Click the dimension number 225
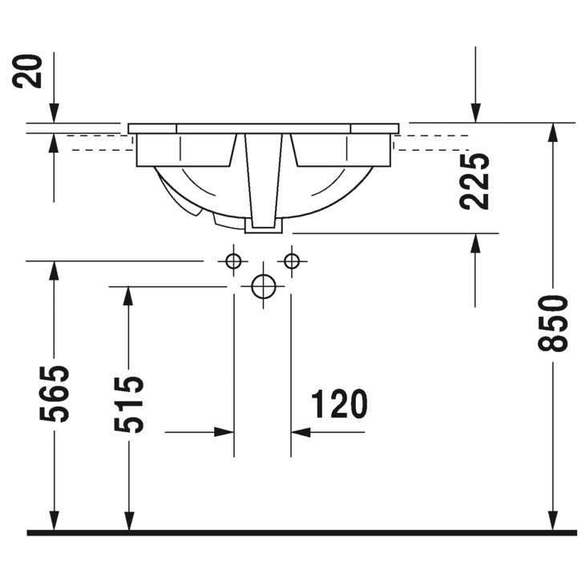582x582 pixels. click(x=475, y=181)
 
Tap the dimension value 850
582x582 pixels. click(x=553, y=322)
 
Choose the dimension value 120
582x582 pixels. click(x=338, y=405)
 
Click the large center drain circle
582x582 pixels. click(x=263, y=286)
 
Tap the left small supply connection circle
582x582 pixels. click(x=233, y=261)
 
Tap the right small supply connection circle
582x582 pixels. click(x=291, y=261)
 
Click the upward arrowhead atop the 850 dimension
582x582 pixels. click(x=553, y=133)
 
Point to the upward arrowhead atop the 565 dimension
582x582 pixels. click(x=55, y=271)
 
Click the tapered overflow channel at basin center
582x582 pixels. click(x=263, y=180)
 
